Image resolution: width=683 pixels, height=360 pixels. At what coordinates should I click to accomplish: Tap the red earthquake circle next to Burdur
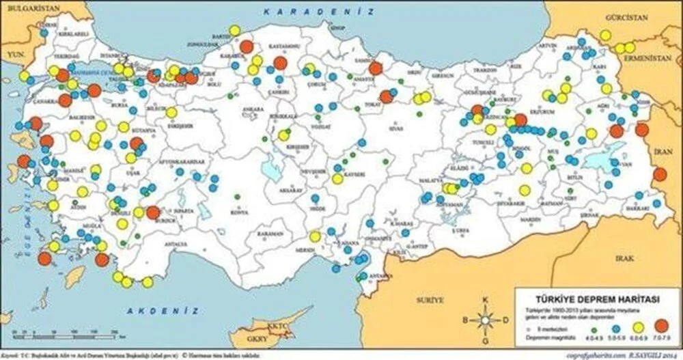153,212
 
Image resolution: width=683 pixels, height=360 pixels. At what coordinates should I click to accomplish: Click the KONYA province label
239,212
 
